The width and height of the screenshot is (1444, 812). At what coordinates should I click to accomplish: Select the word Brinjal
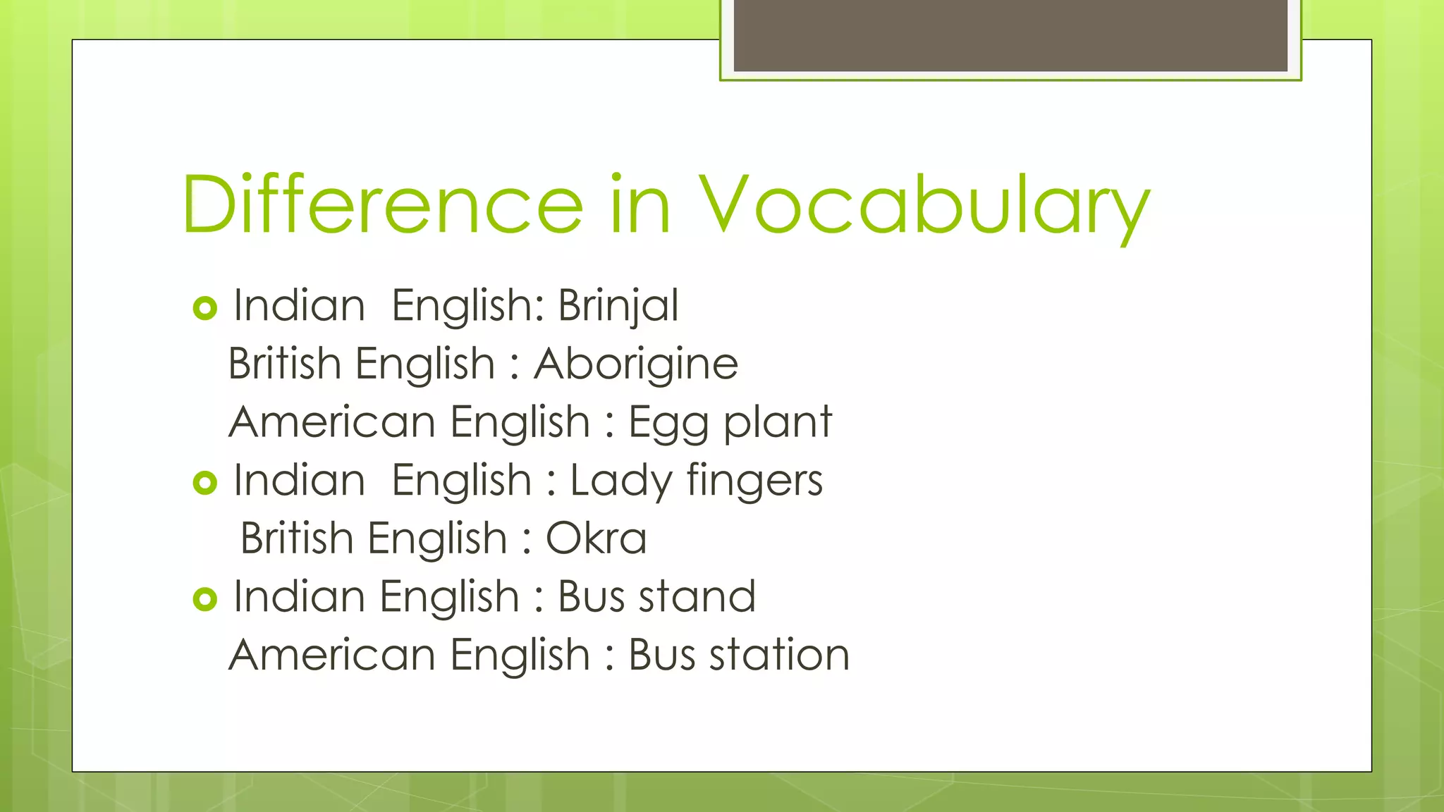pyautogui.click(x=618, y=306)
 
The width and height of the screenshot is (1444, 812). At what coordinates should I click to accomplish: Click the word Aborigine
pyautogui.click(x=635, y=364)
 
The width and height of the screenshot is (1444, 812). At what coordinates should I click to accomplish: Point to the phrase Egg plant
pyautogui.click(x=730, y=422)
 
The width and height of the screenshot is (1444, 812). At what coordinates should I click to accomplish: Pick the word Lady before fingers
pyautogui.click(x=620, y=481)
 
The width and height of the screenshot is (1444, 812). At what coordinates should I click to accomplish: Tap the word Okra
pyautogui.click(x=596, y=539)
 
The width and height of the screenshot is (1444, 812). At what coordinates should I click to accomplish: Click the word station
pyautogui.click(x=779, y=655)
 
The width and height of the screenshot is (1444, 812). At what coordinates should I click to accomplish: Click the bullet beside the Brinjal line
pyautogui.click(x=204, y=308)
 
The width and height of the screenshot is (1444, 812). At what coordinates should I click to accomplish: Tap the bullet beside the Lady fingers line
pyautogui.click(x=204, y=483)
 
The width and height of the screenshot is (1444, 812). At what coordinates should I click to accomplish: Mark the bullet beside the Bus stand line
pyautogui.click(x=204, y=599)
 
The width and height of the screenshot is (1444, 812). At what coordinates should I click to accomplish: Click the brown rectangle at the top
pyautogui.click(x=1010, y=35)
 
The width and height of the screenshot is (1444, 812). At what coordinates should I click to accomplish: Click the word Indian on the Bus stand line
pyautogui.click(x=299, y=596)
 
